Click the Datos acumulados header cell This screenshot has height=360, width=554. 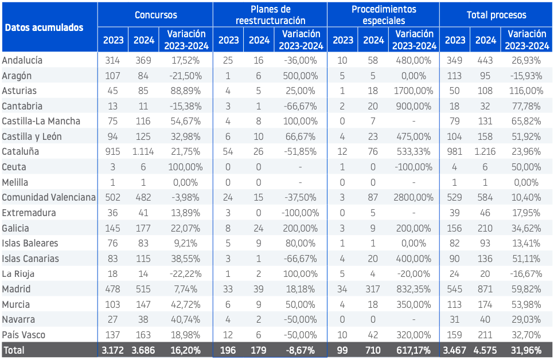(x=44, y=28)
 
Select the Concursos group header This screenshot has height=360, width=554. (x=156, y=15)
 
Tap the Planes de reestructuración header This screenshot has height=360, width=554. (x=270, y=15)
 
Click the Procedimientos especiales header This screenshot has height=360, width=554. (x=384, y=15)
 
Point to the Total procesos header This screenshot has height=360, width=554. (x=497, y=15)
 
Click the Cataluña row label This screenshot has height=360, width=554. (x=21, y=151)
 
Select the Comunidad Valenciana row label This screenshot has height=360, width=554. (x=49, y=197)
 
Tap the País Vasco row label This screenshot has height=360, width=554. (x=24, y=335)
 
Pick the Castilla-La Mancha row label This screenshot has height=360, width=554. (x=41, y=121)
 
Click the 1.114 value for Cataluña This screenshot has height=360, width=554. (x=143, y=151)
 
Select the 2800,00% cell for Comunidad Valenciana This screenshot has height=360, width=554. (x=413, y=197)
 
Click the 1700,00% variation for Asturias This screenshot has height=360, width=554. (x=413, y=91)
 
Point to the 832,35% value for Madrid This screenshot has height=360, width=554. (x=413, y=289)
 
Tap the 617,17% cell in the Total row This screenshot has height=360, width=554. (x=413, y=350)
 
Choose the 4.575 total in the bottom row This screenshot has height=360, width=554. (x=485, y=350)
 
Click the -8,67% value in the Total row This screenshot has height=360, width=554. (x=301, y=350)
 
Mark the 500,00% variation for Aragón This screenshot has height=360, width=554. (x=301, y=76)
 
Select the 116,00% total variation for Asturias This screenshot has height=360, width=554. (x=526, y=91)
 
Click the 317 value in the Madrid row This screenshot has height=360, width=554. (x=373, y=289)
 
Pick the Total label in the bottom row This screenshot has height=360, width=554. (x=14, y=350)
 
